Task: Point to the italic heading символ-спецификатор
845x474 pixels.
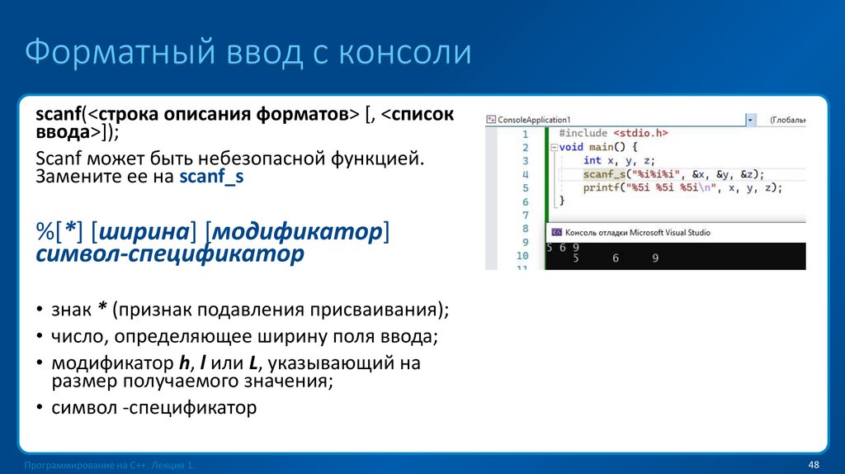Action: (x=170, y=254)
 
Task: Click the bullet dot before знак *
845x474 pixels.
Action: (x=40, y=310)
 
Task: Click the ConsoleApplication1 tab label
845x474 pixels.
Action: (x=533, y=120)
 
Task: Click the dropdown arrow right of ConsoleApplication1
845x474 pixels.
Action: (x=750, y=120)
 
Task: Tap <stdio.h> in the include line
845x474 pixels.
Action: (x=640, y=133)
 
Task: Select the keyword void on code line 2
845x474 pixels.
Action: (x=571, y=147)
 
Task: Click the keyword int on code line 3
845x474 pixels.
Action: (x=592, y=160)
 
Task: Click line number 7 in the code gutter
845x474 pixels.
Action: (x=524, y=214)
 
